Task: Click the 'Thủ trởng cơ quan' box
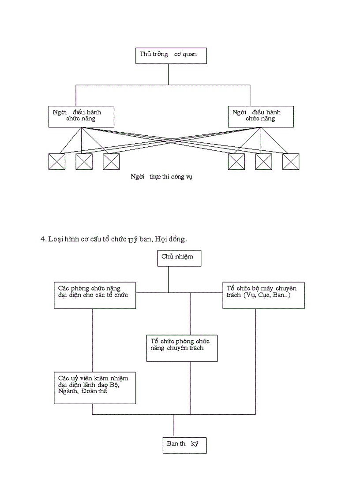[169, 55]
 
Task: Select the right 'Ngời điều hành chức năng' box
[261, 116]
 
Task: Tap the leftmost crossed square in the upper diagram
[57, 161]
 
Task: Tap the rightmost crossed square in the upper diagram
[291, 161]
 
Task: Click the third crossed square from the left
[111, 161]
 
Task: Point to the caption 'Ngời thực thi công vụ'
[162, 177]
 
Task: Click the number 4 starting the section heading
[43, 239]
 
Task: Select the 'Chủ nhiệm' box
[179, 258]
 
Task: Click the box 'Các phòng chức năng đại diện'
[94, 294]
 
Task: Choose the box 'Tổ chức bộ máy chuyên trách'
[263, 294]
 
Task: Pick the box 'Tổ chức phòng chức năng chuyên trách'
[181, 348]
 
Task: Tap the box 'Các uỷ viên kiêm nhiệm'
[94, 387]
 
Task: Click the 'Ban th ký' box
[184, 444]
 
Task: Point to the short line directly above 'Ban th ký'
[174, 425]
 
